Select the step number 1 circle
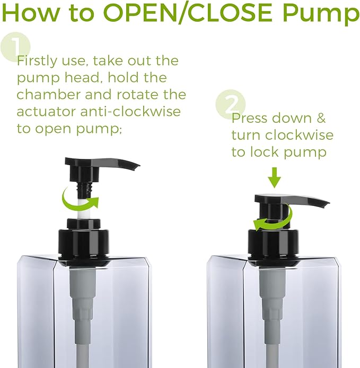[x=15, y=47]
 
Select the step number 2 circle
[x=231, y=104]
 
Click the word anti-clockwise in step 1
[x=130, y=111]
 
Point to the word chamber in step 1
[x=49, y=94]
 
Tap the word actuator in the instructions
[x=46, y=111]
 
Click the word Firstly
[x=37, y=61]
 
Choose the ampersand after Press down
[x=321, y=118]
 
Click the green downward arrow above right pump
[x=274, y=177]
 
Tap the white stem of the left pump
[x=83, y=209]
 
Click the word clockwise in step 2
[x=300, y=135]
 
